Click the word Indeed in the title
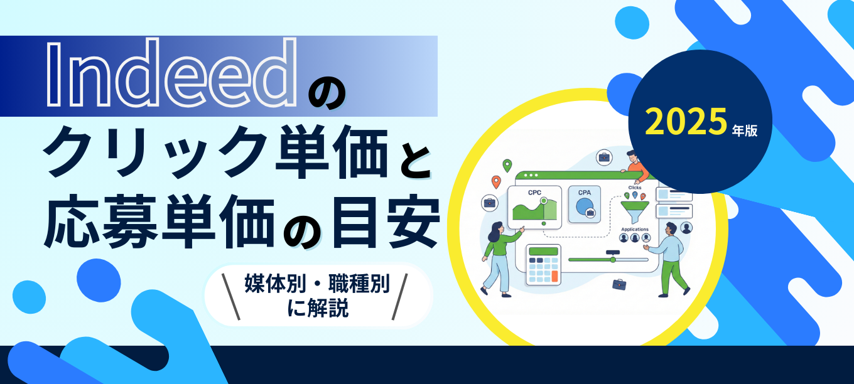click(x=171, y=73)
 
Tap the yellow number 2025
click(x=686, y=122)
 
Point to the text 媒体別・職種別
click(x=317, y=284)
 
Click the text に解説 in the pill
click(x=318, y=308)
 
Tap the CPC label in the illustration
click(x=534, y=193)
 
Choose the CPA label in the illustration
click(x=585, y=193)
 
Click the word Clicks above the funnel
click(x=635, y=188)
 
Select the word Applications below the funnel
click(x=635, y=230)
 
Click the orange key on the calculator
click(x=554, y=276)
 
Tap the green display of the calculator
click(x=544, y=252)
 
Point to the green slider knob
click(x=613, y=260)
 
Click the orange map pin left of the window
click(x=496, y=182)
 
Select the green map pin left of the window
click(x=507, y=166)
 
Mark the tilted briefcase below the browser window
click(x=619, y=284)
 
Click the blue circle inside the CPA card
click(x=584, y=207)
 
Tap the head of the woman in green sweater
click(x=495, y=230)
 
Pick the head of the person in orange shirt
click(x=632, y=156)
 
